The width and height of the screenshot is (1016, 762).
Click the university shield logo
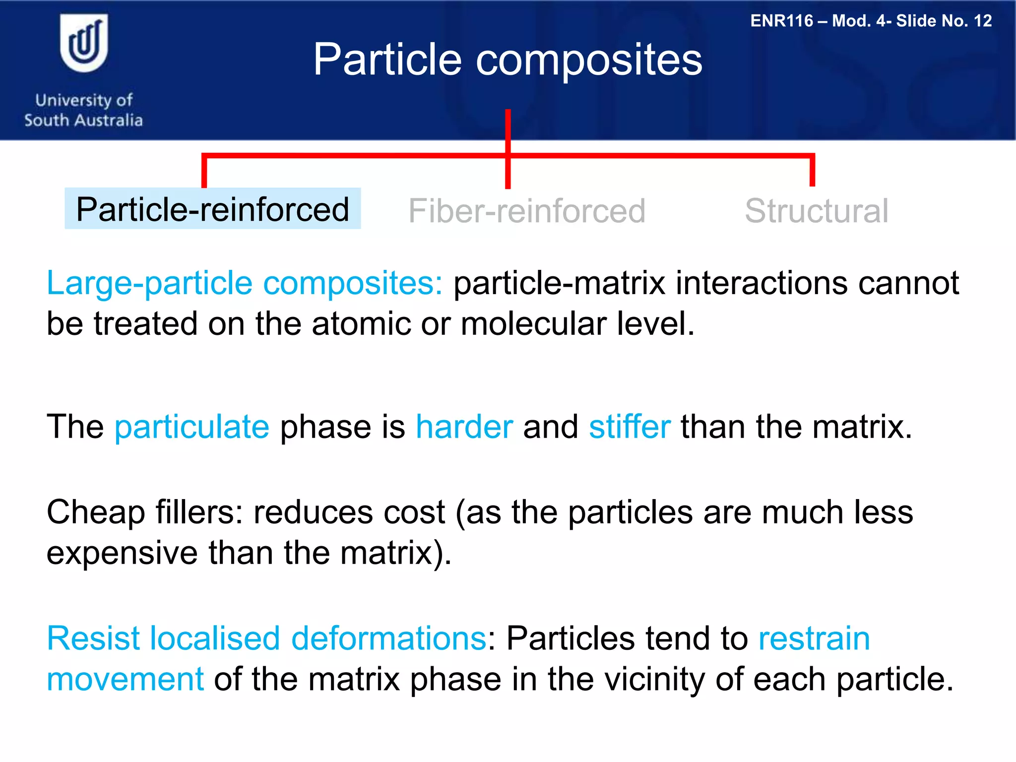84,43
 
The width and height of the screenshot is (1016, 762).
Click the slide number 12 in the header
982,21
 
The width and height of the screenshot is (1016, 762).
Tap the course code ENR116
782,21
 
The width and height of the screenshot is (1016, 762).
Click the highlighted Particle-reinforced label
213,209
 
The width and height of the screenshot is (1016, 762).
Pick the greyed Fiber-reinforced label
526,211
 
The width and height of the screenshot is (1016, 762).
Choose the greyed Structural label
816,211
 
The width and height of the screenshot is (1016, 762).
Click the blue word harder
464,427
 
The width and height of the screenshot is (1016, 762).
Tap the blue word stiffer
629,427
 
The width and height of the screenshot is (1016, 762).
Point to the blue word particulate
192,428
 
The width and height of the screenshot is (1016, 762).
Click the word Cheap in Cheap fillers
95,512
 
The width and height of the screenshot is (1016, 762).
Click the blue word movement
125,679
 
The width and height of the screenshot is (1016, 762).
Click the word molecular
533,324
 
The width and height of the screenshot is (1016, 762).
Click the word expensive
122,554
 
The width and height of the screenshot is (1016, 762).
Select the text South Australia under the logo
83,120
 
